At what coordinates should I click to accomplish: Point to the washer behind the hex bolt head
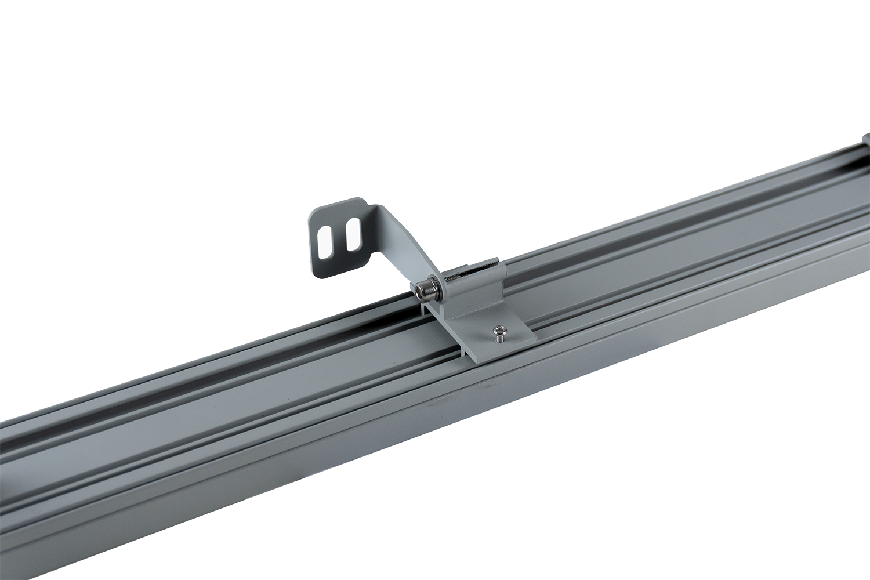point(438,288)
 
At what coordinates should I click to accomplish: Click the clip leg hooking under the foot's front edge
point(465,351)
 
